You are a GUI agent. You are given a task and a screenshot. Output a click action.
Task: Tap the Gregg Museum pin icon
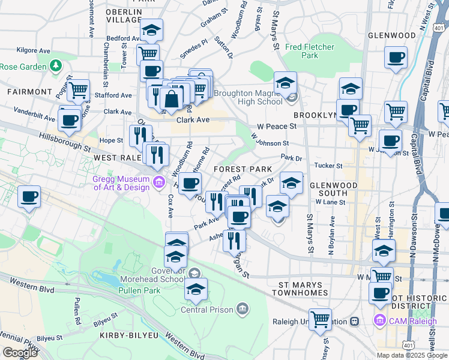click(159, 182)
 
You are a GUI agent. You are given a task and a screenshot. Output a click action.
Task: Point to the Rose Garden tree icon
click(56, 65)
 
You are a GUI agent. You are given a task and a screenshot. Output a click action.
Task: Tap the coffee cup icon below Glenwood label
click(396, 58)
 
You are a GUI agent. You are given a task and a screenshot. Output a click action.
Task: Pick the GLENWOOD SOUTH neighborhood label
click(329, 189)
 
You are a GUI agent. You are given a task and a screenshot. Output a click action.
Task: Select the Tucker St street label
click(329, 166)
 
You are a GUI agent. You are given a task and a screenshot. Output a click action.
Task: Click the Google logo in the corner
click(20, 353)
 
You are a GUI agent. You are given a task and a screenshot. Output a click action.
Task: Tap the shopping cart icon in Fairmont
click(77, 91)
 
